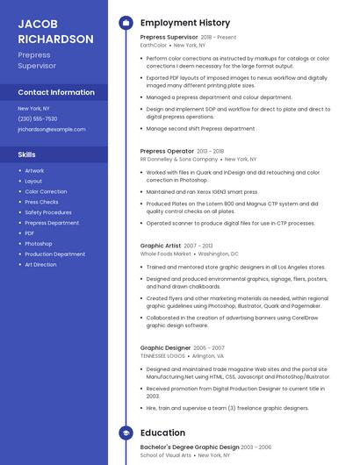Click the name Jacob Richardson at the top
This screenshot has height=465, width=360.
pos(55,32)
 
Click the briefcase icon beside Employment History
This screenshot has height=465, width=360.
pos(126,23)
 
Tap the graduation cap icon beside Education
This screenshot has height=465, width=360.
pos(126,433)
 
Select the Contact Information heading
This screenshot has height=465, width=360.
pos(56,92)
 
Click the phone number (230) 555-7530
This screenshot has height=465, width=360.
pos(38,118)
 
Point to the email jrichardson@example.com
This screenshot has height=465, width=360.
pos(52,129)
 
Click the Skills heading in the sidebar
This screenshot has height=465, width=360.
pos(26,154)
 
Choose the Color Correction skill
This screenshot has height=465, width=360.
pos(46,191)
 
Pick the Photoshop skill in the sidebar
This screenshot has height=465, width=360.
pos(39,243)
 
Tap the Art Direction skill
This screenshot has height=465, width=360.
pos(40,264)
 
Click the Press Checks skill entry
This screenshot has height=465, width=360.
pos(42,202)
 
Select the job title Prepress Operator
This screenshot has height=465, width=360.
pos(167,151)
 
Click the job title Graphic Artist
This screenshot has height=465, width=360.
pos(161,246)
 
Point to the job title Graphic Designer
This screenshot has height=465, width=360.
pos(166,347)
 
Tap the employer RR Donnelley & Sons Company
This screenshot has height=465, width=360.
pos(178,160)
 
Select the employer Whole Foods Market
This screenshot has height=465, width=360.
pos(165,254)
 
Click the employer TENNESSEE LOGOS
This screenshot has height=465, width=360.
pos(163,356)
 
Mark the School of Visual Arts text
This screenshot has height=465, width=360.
pos(166,456)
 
